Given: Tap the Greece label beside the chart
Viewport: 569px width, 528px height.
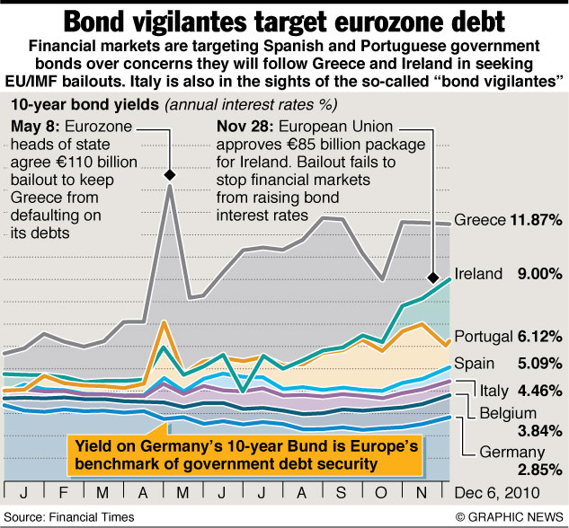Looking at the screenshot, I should (479, 220).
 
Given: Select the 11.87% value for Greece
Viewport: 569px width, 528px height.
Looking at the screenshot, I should (536, 220).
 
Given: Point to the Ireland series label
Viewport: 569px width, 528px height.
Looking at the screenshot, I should (479, 274).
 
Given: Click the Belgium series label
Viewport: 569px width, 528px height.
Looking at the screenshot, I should (503, 412).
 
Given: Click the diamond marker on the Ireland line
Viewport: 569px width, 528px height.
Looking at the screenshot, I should (435, 277).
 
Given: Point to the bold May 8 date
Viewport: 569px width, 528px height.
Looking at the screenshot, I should (33, 125).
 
